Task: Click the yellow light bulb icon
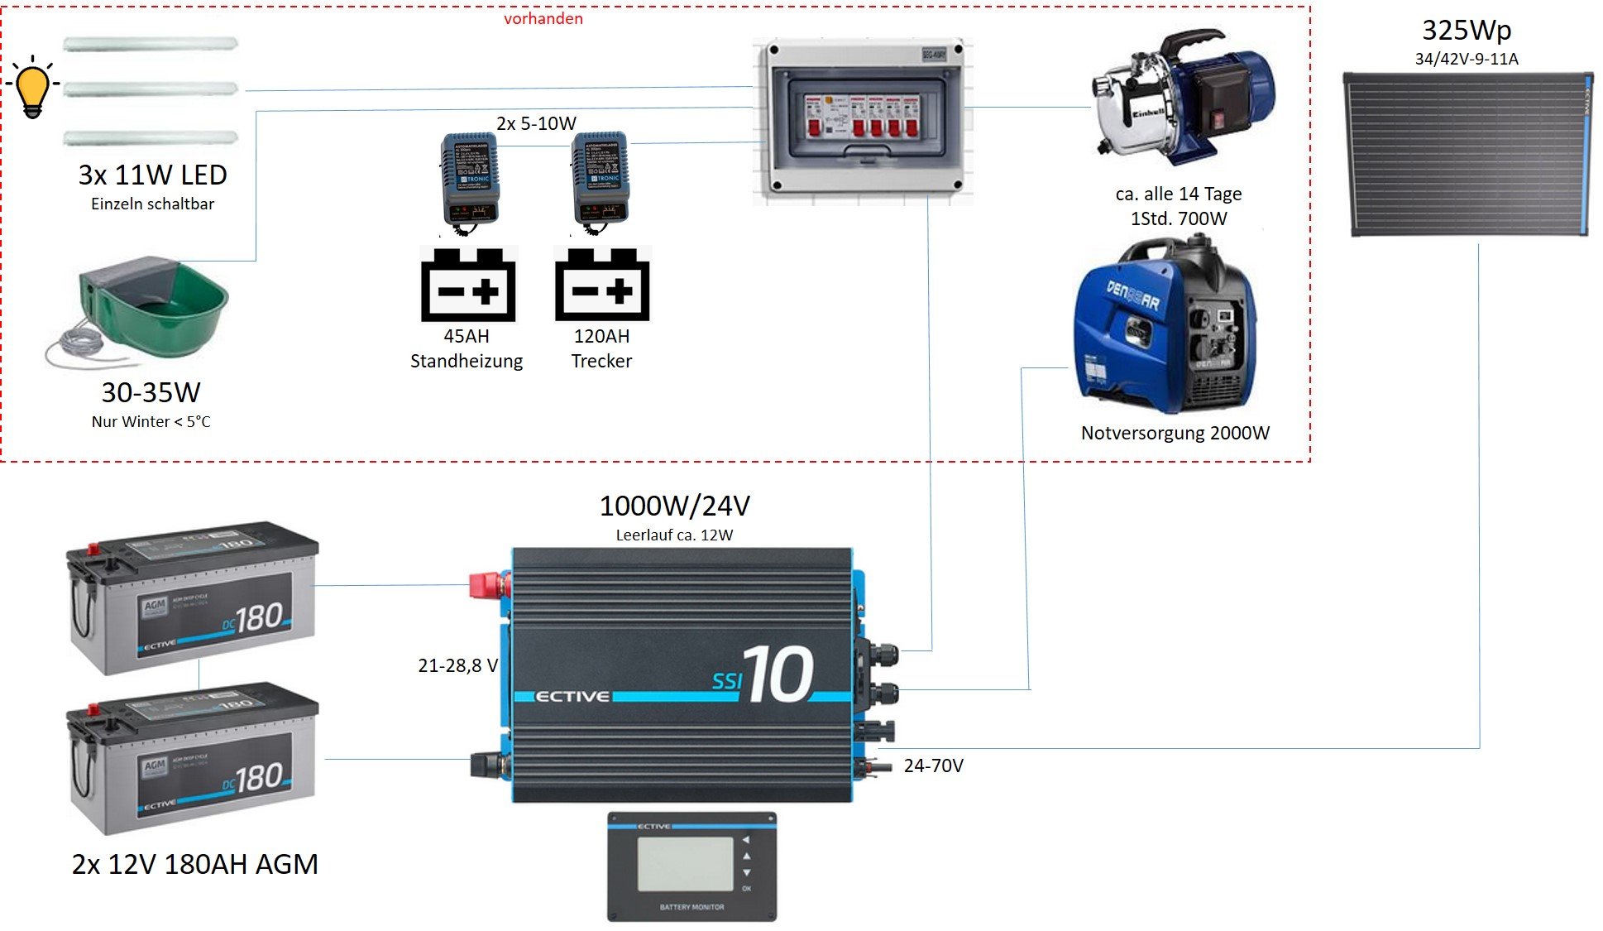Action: click(33, 87)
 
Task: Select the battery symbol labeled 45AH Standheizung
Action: click(468, 285)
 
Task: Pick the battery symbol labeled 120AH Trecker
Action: click(602, 285)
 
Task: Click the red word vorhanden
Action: click(543, 18)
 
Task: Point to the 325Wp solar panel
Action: click(1467, 154)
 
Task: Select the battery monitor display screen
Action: click(685, 864)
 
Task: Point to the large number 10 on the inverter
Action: click(778, 675)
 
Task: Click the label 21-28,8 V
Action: click(457, 665)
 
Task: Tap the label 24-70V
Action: click(933, 765)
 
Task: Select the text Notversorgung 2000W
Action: click(1175, 433)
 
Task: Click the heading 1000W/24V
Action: click(674, 506)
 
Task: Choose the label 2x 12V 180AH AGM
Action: click(194, 864)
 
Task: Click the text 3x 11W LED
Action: click(152, 175)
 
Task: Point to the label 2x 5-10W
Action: click(536, 123)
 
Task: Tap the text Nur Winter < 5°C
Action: click(151, 421)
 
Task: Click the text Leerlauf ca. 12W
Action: click(674, 535)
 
